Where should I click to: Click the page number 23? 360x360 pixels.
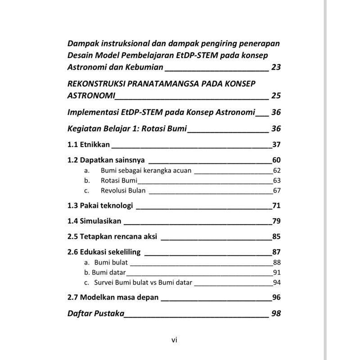[x=276, y=68]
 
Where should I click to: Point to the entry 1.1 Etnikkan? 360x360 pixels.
[x=89, y=145]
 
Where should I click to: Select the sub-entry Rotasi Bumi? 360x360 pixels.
[x=119, y=180]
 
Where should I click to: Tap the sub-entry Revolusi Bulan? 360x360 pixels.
[x=124, y=190]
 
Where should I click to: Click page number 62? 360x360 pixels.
[x=277, y=171]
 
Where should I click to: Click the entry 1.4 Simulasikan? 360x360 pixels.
[x=94, y=221]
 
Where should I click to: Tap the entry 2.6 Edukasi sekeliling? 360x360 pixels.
[x=104, y=252]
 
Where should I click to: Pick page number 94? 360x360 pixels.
[x=277, y=283]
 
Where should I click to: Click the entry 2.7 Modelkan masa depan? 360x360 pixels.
[x=112, y=297]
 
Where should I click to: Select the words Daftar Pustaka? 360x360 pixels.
[x=95, y=313]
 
